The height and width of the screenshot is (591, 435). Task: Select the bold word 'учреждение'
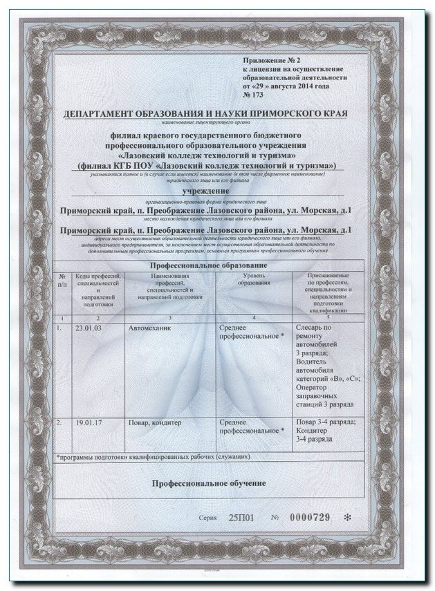[x=205, y=190]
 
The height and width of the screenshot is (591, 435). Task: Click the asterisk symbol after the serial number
[x=348, y=518]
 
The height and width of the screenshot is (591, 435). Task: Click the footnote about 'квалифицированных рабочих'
[x=154, y=458]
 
